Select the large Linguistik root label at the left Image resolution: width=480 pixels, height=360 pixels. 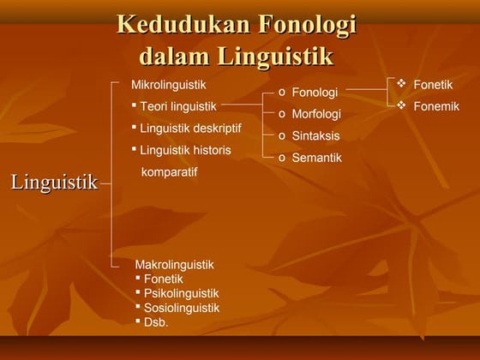(x=53, y=183)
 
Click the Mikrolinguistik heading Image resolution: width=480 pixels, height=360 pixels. (x=168, y=86)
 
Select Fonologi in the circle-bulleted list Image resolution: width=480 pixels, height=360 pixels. (x=315, y=93)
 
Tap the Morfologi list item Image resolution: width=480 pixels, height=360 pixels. (x=316, y=114)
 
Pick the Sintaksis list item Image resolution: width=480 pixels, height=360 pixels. (x=315, y=136)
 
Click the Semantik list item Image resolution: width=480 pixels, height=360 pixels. (x=316, y=158)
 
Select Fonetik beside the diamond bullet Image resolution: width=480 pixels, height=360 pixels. (x=433, y=85)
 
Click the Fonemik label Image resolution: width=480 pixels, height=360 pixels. (x=436, y=106)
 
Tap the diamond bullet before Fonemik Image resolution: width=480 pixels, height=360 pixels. (x=401, y=105)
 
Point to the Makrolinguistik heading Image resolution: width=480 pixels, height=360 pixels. (x=174, y=265)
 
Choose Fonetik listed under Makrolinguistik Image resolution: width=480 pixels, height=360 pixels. (x=163, y=279)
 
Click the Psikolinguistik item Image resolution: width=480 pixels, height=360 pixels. (x=181, y=293)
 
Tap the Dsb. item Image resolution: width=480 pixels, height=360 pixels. (x=156, y=322)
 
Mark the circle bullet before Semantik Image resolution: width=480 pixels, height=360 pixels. (x=282, y=158)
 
